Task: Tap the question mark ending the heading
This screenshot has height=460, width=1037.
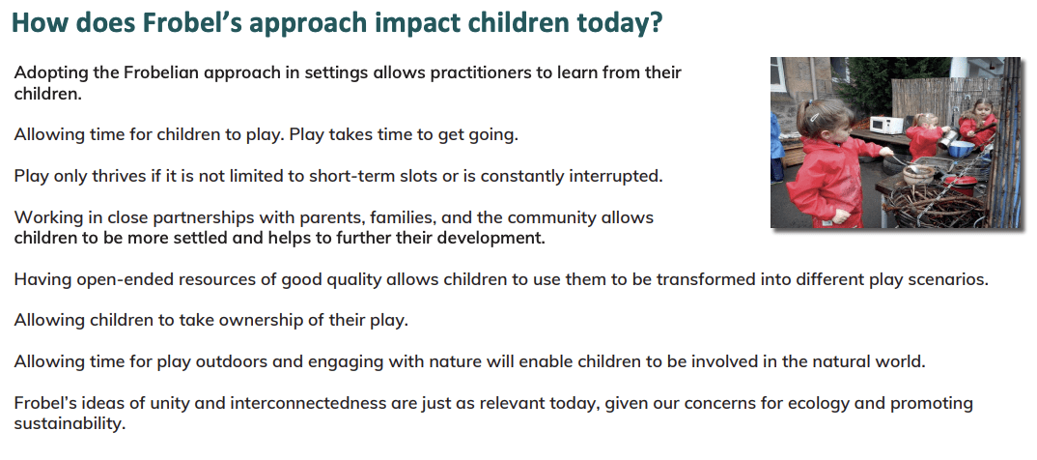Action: click(656, 22)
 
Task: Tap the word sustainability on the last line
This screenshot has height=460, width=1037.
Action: click(70, 423)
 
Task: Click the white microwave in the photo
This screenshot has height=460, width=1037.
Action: click(886, 125)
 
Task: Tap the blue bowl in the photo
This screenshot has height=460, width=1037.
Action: click(961, 149)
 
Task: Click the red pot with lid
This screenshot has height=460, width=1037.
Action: click(960, 184)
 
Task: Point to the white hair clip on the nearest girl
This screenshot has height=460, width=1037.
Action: click(815, 114)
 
